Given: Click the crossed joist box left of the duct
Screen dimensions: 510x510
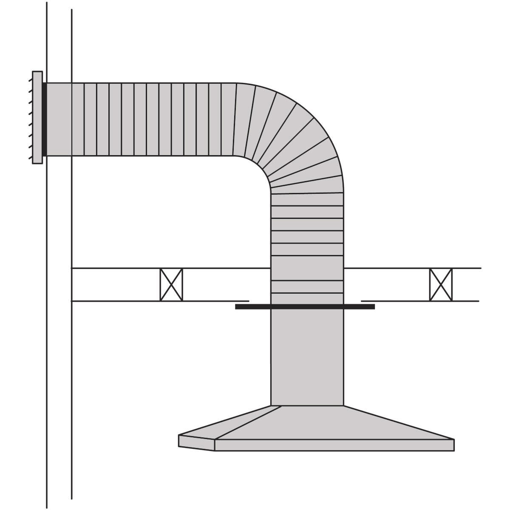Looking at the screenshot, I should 171,285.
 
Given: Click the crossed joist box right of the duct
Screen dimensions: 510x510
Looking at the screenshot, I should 441,285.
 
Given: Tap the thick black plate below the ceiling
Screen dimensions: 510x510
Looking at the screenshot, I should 305,306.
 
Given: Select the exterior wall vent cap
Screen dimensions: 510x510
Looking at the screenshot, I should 37,117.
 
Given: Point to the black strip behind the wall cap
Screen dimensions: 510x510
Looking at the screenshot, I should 44,119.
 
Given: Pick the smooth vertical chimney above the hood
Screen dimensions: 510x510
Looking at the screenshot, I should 307,357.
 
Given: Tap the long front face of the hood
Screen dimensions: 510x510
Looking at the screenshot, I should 334,445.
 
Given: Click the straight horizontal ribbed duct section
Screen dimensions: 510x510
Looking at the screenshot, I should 153,119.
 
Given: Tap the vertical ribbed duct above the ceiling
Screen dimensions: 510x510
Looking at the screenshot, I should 307,225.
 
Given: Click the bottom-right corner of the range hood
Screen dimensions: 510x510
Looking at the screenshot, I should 454,450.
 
